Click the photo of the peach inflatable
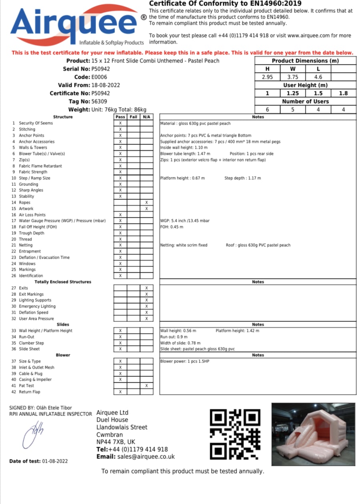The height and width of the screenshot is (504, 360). pyautogui.click(x=313, y=434)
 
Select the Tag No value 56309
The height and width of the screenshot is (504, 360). pyautogui.click(x=99, y=102)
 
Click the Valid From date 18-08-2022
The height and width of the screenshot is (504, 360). pyautogui.click(x=106, y=85)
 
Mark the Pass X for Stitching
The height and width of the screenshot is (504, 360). pyautogui.click(x=120, y=129)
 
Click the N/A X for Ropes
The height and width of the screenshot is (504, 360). pyautogui.click(x=146, y=203)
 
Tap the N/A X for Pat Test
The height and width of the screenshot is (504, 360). pyautogui.click(x=146, y=386)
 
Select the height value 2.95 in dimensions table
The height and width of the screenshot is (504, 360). pyautogui.click(x=267, y=77)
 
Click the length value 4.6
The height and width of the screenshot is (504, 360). pyautogui.click(x=318, y=77)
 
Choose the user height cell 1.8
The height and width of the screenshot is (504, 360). pyautogui.click(x=343, y=93)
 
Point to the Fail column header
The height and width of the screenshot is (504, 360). pyautogui.click(x=133, y=117)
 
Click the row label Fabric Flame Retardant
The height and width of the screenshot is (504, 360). pyautogui.click(x=40, y=166)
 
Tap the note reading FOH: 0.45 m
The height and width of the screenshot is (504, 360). pyautogui.click(x=172, y=227)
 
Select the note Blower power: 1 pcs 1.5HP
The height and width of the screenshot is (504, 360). pyautogui.click(x=184, y=361)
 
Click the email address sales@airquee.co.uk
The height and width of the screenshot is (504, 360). pyautogui.click(x=146, y=457)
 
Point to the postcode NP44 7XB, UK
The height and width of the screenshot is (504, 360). pyautogui.click(x=116, y=442)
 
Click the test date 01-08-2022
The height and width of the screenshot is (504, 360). pyautogui.click(x=55, y=461)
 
